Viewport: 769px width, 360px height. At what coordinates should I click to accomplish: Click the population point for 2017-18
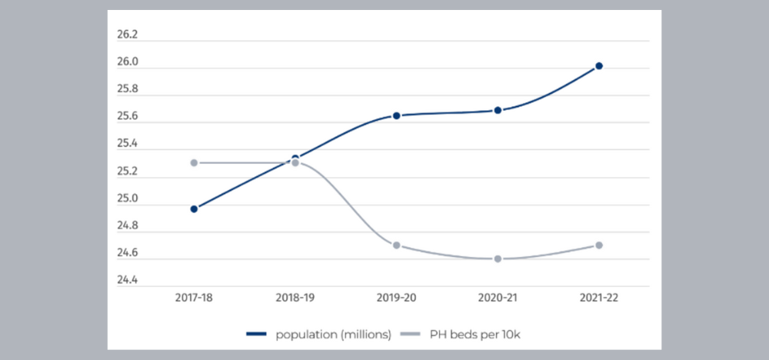pyautogui.click(x=194, y=208)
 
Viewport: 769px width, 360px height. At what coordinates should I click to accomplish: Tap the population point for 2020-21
pyautogui.click(x=498, y=110)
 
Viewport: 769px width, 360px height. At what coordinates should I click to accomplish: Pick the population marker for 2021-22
pyautogui.click(x=599, y=66)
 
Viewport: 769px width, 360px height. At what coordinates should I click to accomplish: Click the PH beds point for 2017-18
pyautogui.click(x=194, y=163)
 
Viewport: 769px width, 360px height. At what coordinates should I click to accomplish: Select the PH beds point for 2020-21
pyautogui.click(x=498, y=258)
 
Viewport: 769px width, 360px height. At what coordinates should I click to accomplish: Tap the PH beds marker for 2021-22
pyautogui.click(x=599, y=245)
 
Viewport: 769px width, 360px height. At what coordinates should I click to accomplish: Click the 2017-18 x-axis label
pyautogui.click(x=194, y=298)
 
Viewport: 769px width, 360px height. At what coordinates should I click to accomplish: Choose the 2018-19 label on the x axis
pyautogui.click(x=295, y=298)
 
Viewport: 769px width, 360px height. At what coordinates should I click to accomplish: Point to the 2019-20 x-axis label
pyautogui.click(x=397, y=298)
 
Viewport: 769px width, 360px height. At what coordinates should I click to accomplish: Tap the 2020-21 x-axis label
pyautogui.click(x=498, y=298)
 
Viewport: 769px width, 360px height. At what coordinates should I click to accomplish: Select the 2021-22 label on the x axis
pyautogui.click(x=599, y=298)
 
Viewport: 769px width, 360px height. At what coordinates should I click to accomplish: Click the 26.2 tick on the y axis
pyautogui.click(x=128, y=35)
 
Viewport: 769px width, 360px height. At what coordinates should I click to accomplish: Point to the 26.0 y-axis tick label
pyautogui.click(x=128, y=63)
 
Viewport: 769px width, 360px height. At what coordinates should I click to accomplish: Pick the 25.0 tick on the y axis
pyautogui.click(x=128, y=199)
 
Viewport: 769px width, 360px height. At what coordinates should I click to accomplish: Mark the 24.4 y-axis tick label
pyautogui.click(x=128, y=281)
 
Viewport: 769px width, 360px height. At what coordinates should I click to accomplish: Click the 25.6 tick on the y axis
pyautogui.click(x=128, y=117)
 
